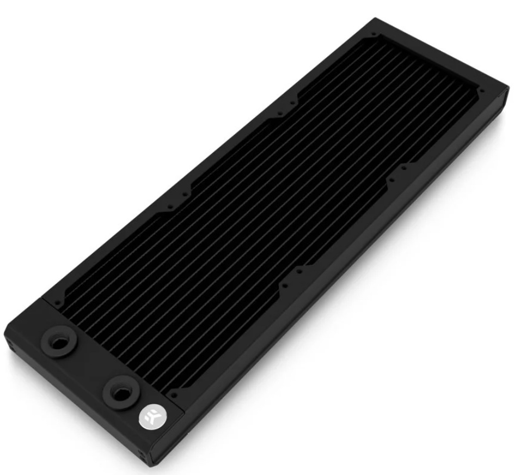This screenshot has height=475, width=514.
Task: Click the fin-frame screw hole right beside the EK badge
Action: [173, 394]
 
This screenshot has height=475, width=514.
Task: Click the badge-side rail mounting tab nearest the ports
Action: [291, 277]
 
